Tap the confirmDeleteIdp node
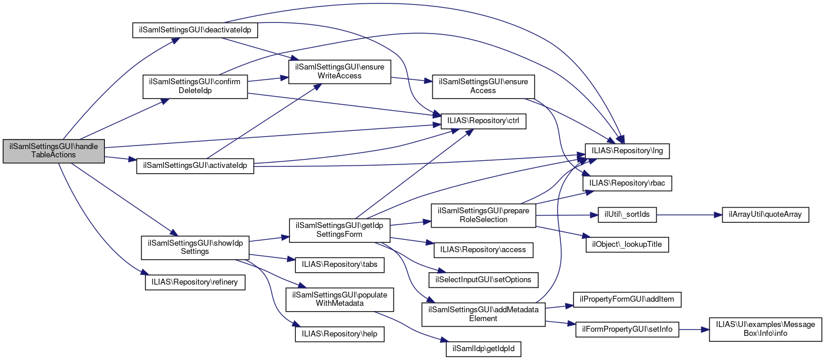[195, 86]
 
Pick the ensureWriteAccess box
[339, 71]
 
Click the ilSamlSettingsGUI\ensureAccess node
[483, 86]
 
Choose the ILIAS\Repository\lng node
[627, 150]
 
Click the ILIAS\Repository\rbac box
[628, 183]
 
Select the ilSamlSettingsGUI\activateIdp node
[195, 166]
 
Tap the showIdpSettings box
[195, 247]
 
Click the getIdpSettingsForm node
[339, 229]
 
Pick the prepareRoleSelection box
[483, 215]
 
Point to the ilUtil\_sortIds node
[627, 214]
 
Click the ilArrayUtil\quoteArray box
[761, 214]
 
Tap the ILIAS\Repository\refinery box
[195, 282]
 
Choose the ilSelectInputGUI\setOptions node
[483, 279]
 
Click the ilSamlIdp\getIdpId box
[483, 349]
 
